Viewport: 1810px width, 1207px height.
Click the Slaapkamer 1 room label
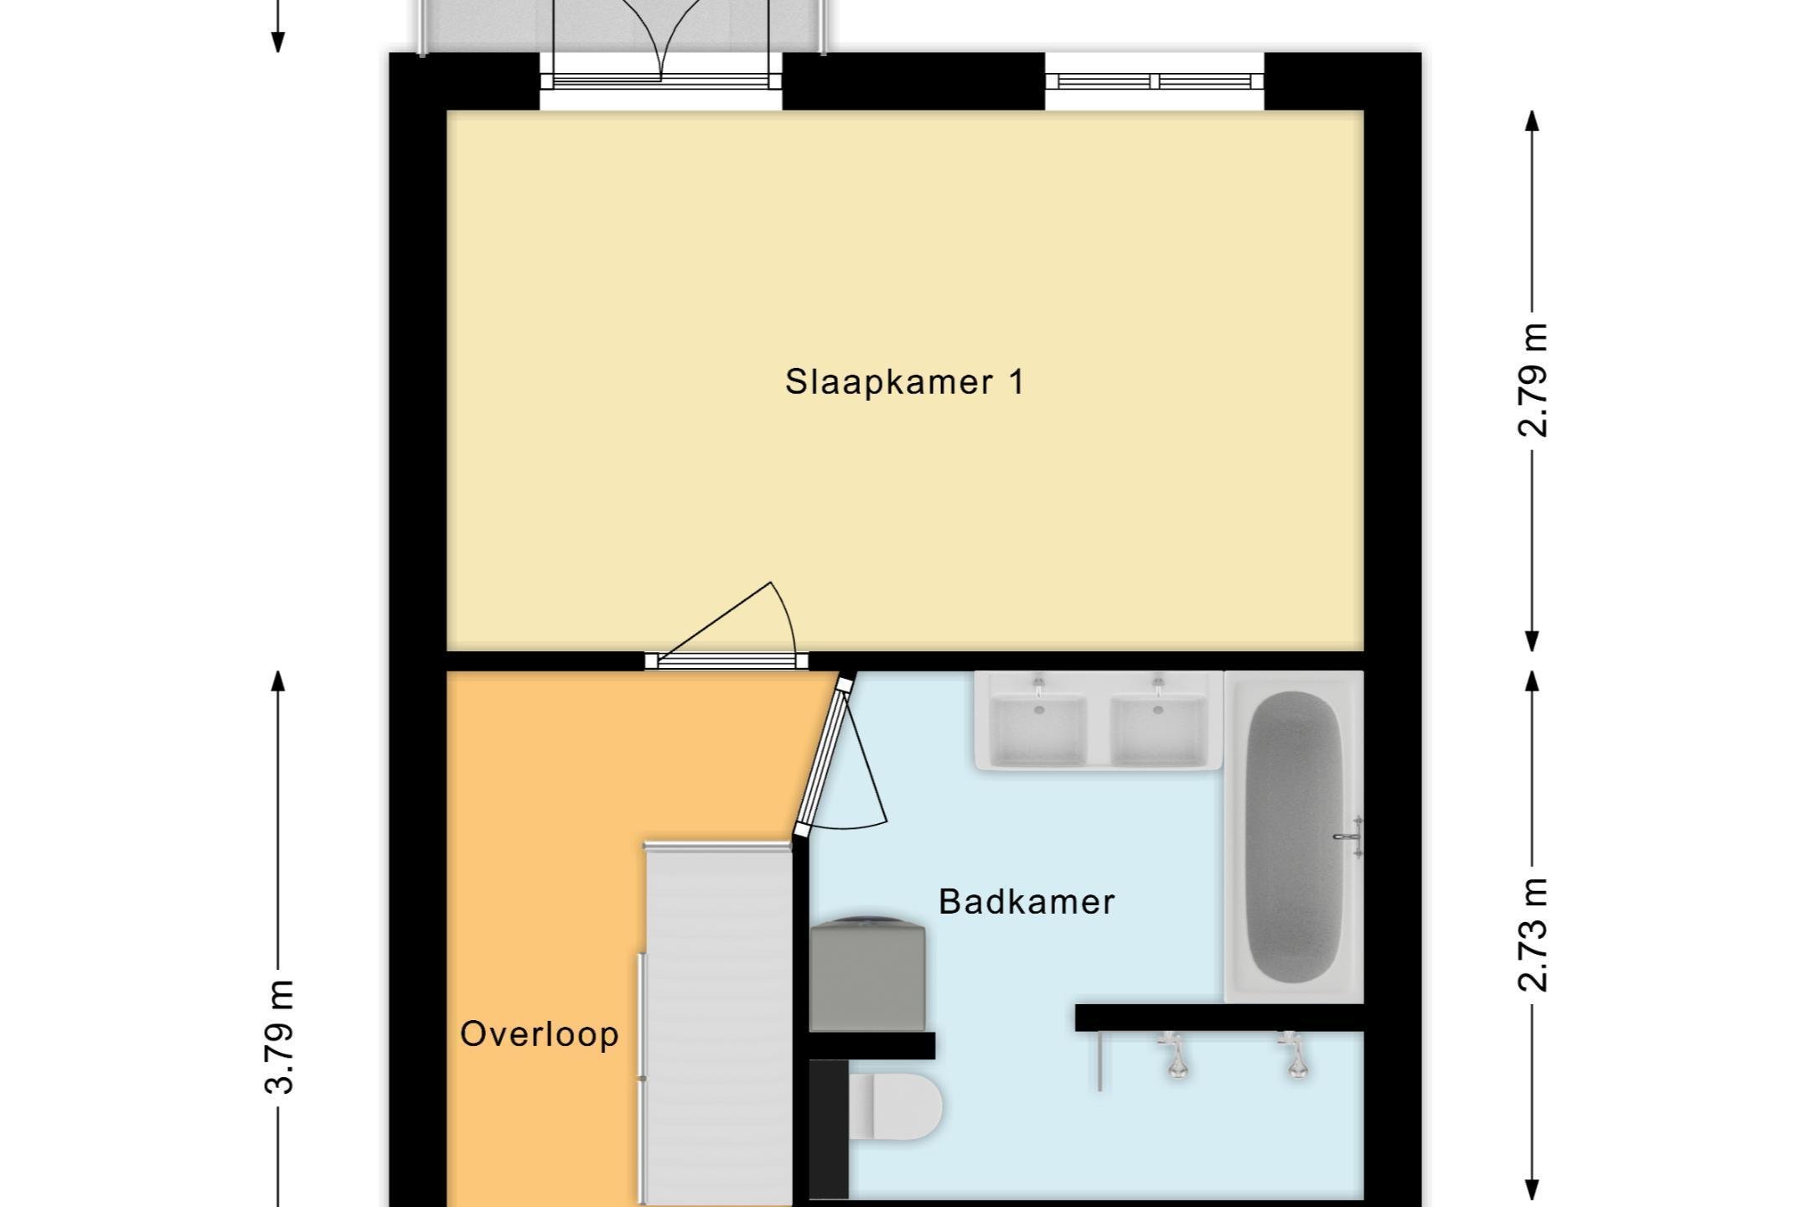coord(904,382)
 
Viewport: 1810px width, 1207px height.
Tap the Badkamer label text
coord(1027,902)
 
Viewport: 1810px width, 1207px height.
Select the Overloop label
coord(540,1033)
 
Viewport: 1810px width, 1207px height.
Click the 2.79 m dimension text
coord(1533,381)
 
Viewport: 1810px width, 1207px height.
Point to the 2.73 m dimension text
coord(1533,935)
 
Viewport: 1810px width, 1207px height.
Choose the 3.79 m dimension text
coord(279,1037)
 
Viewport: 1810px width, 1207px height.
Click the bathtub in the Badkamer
coord(1294,837)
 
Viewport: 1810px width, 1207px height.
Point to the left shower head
coord(1176,1054)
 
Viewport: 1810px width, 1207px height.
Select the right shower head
coord(1295,1054)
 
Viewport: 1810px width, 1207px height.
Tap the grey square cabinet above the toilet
coord(868,976)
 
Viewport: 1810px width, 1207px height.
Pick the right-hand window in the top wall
coord(1155,81)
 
